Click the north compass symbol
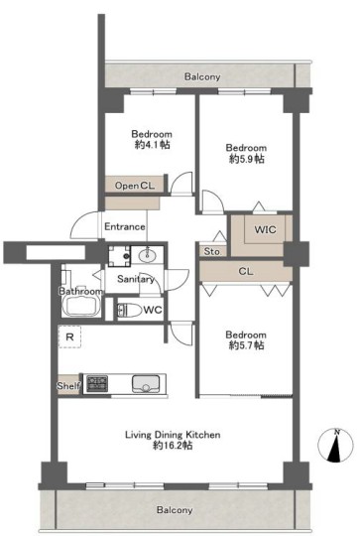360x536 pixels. coord(335,446)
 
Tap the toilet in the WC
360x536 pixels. coord(130,310)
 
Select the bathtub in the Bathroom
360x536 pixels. coord(81,306)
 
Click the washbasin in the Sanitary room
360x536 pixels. coord(148,255)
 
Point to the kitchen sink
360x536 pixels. coord(146,384)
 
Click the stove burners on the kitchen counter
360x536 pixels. coord(97,383)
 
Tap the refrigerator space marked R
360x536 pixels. coord(69,337)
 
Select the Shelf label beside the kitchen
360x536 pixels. coord(68,386)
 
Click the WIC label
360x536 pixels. coord(265,229)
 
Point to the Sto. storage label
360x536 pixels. coord(212,251)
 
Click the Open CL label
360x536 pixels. coord(135,186)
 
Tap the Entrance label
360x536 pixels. coord(124,226)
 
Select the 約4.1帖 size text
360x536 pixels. coord(152,145)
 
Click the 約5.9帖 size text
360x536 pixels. coord(246,159)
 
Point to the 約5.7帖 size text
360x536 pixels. coord(246,345)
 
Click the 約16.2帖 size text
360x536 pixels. coord(173,446)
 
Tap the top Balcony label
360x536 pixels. coord(202,76)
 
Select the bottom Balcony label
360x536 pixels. coord(175,510)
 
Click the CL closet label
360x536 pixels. coord(246,271)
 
